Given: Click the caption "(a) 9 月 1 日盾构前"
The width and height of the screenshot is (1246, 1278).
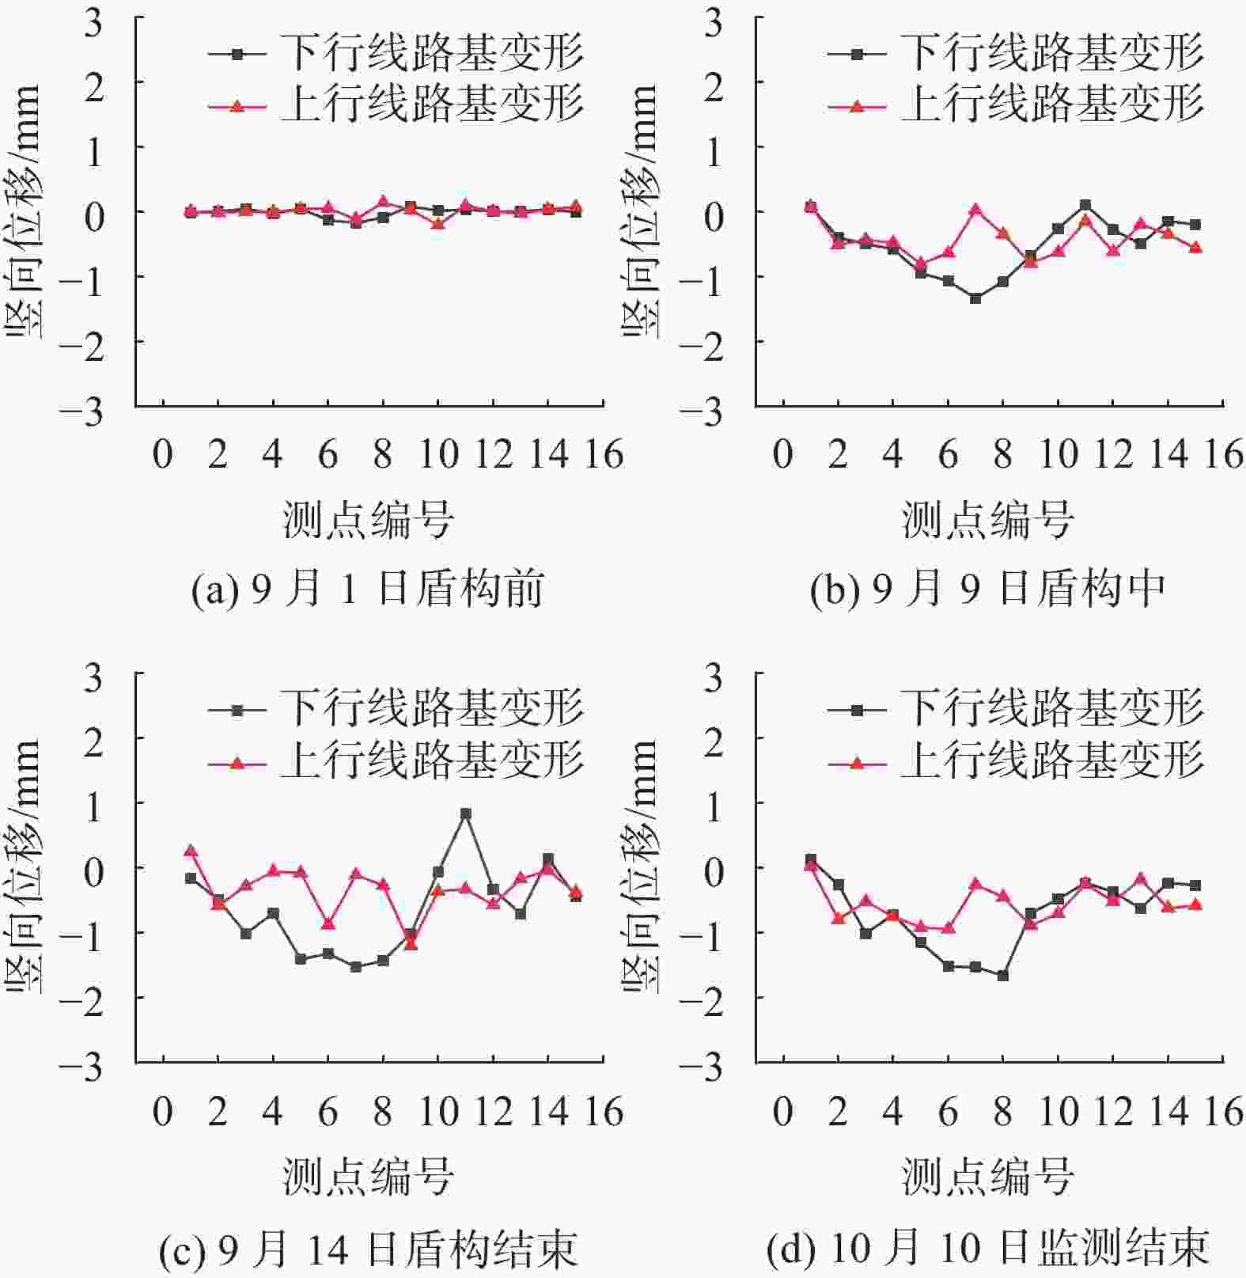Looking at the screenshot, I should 368,590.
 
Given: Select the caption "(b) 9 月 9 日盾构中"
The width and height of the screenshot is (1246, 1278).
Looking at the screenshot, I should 988,590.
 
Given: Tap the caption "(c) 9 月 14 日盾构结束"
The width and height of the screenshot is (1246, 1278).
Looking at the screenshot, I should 368,1249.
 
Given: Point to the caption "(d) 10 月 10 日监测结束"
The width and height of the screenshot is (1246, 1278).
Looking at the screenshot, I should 988,1249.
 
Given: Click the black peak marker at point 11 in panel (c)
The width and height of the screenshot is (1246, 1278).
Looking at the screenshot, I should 466,813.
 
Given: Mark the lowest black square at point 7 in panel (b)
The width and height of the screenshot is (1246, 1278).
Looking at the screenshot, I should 975,298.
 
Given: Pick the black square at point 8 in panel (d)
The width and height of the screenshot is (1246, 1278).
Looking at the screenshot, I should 1003,976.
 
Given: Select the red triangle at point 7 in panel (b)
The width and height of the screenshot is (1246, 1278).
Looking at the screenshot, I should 975,210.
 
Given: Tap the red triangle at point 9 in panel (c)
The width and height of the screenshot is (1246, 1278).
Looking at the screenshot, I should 411,943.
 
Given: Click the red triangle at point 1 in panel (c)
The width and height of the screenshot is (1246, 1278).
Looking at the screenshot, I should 191,851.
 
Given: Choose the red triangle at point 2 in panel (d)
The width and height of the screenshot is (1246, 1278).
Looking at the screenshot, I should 838,918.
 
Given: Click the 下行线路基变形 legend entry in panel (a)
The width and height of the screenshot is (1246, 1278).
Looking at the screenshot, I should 396,54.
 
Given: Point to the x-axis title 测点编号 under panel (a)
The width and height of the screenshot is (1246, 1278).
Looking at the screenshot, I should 368,521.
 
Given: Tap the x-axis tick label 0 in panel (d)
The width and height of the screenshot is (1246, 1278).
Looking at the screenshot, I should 782,1112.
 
